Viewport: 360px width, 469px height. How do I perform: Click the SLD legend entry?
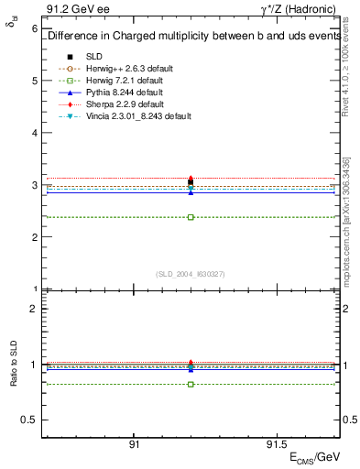[93, 56]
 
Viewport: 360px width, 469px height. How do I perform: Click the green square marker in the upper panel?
[191, 217]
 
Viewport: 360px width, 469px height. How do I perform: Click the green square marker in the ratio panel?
[191, 384]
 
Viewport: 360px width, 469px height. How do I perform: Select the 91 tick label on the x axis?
[134, 444]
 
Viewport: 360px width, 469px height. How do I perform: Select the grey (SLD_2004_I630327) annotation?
[191, 274]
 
